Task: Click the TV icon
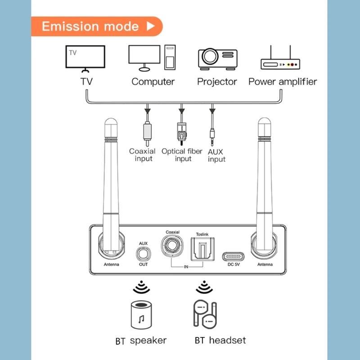tap(85, 58)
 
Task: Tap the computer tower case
tap(170, 58)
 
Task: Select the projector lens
tap(210, 56)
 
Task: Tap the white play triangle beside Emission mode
tap(151, 26)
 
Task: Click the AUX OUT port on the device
tap(143, 254)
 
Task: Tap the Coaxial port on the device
tap(172, 245)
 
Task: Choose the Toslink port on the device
tap(203, 249)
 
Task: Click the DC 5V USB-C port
tap(233, 256)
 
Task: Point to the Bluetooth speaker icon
tap(141, 315)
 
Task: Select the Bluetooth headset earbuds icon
tap(205, 314)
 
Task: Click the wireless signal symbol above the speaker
tap(141, 287)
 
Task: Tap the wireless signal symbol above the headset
tap(204, 287)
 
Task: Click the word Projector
tap(217, 82)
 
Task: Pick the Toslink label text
tap(202, 234)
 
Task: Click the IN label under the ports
tap(186, 267)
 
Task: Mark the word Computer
tap(153, 82)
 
